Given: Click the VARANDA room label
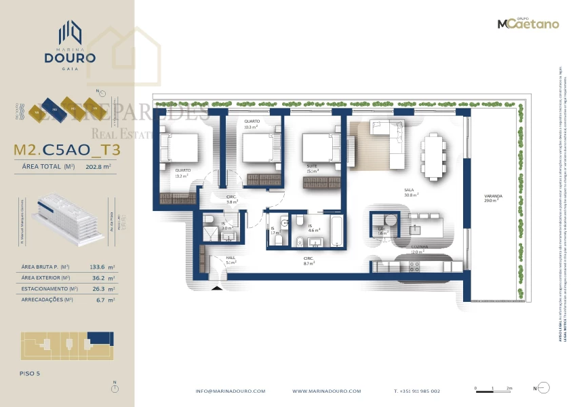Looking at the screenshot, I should click(492, 197).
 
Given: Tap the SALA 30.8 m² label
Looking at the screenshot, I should click(409, 192).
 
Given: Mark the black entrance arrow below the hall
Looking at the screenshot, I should click(217, 288).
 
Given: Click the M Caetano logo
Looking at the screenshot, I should click(528, 23).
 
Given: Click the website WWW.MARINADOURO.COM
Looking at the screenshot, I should click(326, 391).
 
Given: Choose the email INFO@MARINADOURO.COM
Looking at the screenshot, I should click(230, 391).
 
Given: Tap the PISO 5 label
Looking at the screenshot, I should click(31, 373).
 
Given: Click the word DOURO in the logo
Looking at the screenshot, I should click(71, 58).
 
